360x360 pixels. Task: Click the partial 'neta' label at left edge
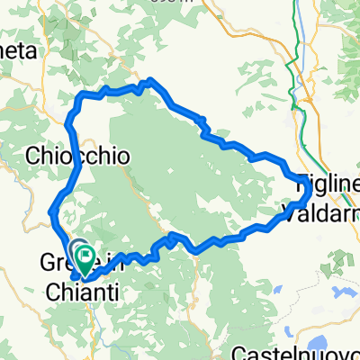[20, 51]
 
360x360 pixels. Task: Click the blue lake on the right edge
[354, 292]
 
